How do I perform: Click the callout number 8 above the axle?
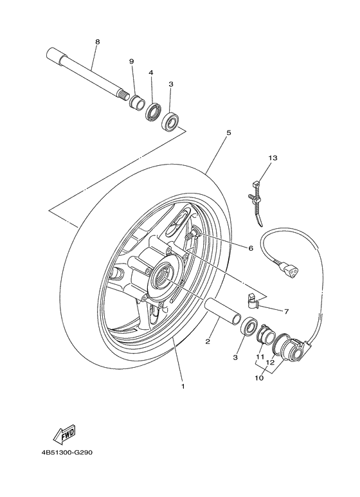pos(97,42)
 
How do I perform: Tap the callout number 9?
pos(131,61)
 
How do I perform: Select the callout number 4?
pos(151,73)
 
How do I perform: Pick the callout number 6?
pos(250,248)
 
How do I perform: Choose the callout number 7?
pos(286,311)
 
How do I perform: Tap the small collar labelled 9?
pos(137,102)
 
